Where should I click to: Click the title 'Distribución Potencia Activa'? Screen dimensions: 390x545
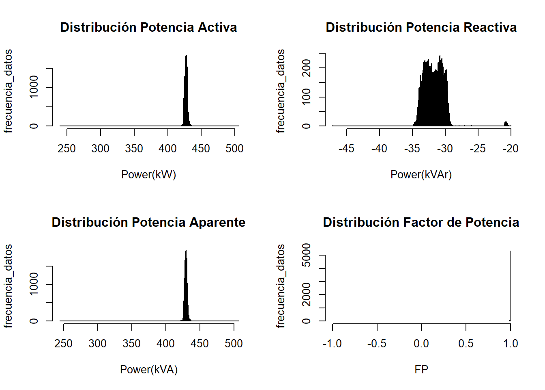(x=148, y=27)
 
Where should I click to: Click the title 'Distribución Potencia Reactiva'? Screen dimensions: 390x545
(x=421, y=27)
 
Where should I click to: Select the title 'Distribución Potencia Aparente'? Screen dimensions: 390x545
(x=148, y=222)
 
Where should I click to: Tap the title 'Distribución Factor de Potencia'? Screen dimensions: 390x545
(x=421, y=222)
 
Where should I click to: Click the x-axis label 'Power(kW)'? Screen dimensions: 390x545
(x=148, y=175)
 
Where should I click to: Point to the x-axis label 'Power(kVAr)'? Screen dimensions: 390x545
(x=421, y=175)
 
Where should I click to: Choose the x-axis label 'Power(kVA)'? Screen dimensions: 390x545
(x=148, y=370)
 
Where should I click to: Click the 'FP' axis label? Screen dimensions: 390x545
(x=421, y=370)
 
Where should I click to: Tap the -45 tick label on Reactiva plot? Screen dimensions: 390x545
(x=347, y=149)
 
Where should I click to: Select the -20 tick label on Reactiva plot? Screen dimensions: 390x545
(x=511, y=149)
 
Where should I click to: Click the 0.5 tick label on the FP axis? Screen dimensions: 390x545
(x=466, y=344)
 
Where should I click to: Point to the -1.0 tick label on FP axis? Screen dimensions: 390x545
(x=332, y=344)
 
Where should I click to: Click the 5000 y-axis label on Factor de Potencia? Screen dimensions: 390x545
(x=307, y=255)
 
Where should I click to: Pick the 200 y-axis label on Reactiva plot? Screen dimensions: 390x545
(x=307, y=68)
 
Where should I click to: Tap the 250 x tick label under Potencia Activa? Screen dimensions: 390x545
(x=67, y=149)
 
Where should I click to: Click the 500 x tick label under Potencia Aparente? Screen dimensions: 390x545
(x=234, y=344)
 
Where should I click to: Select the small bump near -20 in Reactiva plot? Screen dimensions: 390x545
(x=506, y=123)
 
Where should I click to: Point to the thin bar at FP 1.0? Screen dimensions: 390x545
(x=510, y=284)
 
